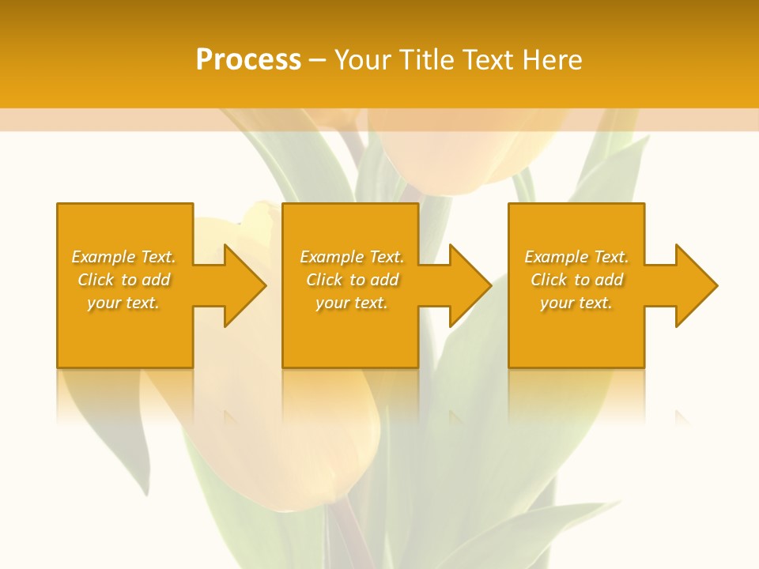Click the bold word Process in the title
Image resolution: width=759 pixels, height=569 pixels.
pos(248,60)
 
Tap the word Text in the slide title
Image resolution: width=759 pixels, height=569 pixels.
pos(490,60)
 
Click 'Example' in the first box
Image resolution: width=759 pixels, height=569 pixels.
pos(103,257)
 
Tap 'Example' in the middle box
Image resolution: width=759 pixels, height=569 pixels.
pos(331,257)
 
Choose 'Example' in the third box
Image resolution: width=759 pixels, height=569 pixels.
pos(556,257)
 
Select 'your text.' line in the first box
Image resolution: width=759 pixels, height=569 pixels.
pos(123,303)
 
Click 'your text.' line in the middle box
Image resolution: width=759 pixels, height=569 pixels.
pos(352,303)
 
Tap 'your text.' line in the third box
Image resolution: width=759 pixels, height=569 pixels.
pos(576,303)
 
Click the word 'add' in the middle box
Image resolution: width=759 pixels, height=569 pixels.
pos(384,280)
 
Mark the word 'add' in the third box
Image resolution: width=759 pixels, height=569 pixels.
pos(609,280)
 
